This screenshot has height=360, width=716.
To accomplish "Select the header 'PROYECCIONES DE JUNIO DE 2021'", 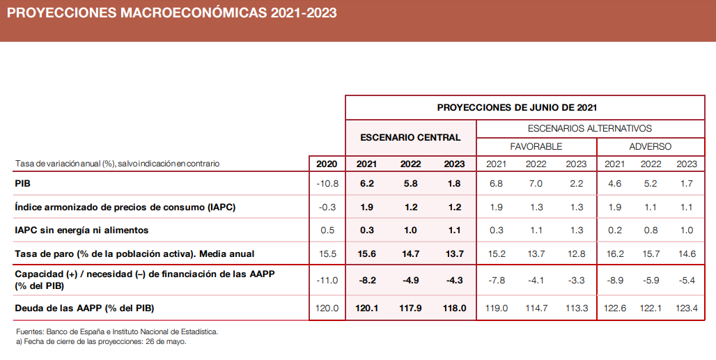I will [517, 107].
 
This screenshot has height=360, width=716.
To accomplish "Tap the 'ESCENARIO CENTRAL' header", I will [410, 137].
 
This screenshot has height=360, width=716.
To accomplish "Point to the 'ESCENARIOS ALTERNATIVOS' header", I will [589, 128].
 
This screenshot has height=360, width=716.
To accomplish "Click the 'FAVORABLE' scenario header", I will [536, 146].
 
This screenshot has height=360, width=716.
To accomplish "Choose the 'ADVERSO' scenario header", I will [650, 146].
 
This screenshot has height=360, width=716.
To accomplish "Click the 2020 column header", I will [327, 164].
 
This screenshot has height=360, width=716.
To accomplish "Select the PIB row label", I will [23, 184].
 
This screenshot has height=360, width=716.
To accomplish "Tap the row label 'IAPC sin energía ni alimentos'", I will [81, 230].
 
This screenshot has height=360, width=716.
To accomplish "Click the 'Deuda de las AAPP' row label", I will [84, 308].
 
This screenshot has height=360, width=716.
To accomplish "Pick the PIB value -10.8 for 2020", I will [326, 184].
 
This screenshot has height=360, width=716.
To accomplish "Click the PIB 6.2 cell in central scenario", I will [366, 184].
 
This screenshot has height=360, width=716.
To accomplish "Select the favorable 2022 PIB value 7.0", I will [536, 184].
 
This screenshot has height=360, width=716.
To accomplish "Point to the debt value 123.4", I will [687, 308].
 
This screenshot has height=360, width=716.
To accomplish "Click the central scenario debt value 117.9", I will [410, 308].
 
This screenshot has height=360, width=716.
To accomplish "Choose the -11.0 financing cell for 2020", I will [326, 280].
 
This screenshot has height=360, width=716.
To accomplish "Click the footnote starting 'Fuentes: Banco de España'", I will [117, 332].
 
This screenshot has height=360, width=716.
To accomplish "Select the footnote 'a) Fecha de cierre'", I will [100, 342].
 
